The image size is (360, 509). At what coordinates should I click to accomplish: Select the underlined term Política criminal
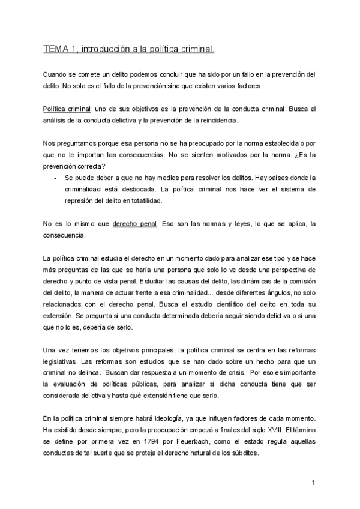[x=67, y=109]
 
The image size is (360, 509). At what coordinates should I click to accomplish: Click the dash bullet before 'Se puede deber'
[x=55, y=179]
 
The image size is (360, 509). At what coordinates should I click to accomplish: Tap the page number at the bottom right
[x=313, y=482]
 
